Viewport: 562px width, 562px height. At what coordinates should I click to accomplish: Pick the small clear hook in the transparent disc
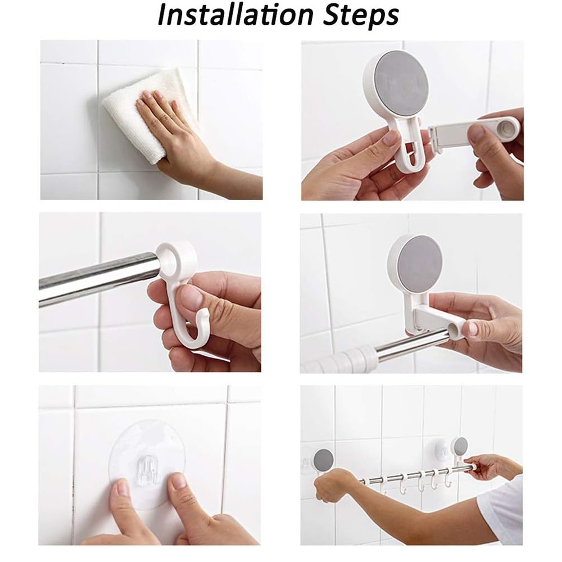pyautogui.click(x=148, y=468)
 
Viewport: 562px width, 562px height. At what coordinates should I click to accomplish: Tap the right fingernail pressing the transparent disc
pyautogui.click(x=178, y=481)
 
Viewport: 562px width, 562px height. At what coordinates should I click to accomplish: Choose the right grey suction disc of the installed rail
pyautogui.click(x=460, y=445)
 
